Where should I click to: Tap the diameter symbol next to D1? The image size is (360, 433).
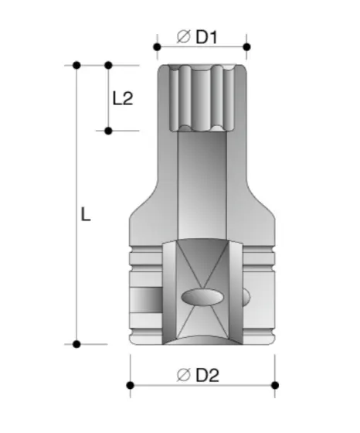pos(184,36)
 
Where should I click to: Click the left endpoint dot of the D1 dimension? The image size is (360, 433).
pos(157,47)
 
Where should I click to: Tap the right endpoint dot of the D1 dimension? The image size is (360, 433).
pos(247,47)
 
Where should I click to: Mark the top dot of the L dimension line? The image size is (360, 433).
pos(76,66)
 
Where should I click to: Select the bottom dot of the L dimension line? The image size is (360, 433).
pos(76,343)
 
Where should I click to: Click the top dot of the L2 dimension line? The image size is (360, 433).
pos(108,66)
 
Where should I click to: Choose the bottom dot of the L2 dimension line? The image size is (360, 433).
pos(108,131)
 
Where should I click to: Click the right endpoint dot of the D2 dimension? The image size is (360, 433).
pos(274,384)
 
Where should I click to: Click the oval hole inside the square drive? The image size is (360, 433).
pos(202,296)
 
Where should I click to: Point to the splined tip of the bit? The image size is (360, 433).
pos(202,97)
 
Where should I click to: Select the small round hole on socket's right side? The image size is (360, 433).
pos(248,296)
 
